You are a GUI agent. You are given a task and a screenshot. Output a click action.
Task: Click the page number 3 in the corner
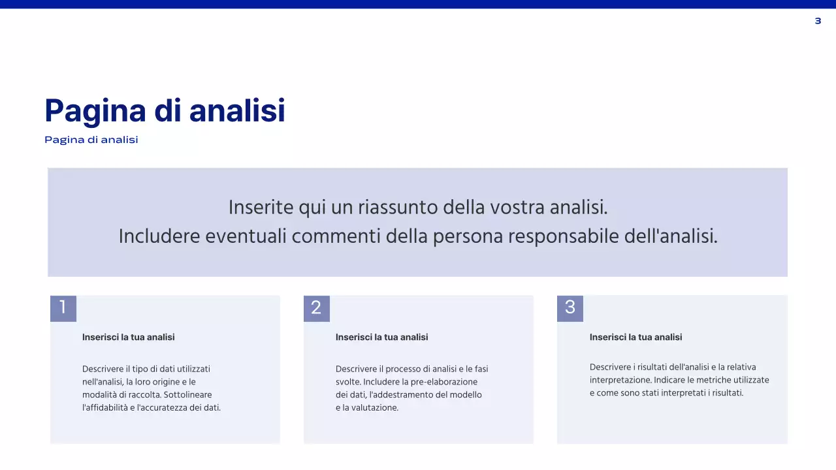click(818, 22)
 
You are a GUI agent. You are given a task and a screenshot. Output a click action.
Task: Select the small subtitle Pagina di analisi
click(91, 140)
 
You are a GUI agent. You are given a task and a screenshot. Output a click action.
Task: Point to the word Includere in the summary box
click(159, 236)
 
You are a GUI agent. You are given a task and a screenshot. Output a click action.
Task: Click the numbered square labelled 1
click(63, 308)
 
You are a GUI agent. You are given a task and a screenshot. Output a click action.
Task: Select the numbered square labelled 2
click(317, 308)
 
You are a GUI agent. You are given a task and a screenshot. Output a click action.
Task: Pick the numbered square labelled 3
click(570, 308)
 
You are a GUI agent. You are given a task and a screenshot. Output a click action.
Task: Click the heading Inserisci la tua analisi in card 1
click(129, 337)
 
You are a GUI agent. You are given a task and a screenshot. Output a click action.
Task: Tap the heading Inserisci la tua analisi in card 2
click(382, 337)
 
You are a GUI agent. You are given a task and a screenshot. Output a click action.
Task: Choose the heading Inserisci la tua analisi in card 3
click(636, 337)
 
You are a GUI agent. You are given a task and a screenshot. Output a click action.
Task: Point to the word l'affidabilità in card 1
click(106, 408)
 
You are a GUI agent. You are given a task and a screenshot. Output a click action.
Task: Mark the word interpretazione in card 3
click(620, 380)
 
